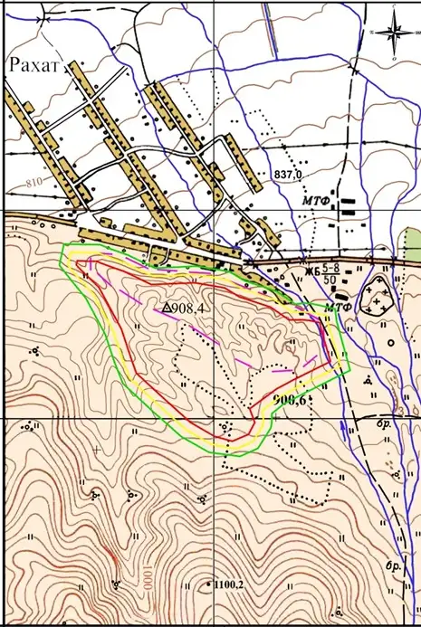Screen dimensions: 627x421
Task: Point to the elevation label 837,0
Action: [285, 173]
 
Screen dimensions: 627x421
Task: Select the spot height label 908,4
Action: [189, 309]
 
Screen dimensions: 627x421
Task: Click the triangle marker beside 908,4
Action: [167, 309]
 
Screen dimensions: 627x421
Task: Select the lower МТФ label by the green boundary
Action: [338, 308]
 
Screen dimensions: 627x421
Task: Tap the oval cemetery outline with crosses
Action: [375, 295]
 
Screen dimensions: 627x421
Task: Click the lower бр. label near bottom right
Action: [393, 565]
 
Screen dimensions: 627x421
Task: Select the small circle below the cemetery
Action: [390, 343]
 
